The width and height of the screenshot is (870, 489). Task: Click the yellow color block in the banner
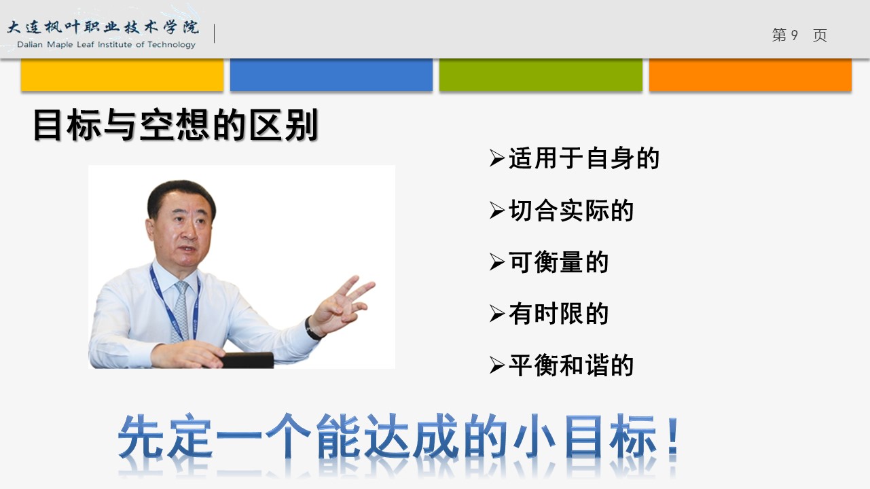[x=122, y=75]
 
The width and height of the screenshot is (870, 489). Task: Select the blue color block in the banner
[x=331, y=75]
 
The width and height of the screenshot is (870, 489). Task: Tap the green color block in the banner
[x=541, y=75]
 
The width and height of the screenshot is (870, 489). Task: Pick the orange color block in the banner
[x=750, y=75]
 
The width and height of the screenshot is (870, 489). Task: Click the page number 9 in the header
[x=794, y=35]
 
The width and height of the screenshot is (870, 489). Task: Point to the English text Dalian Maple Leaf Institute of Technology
[x=106, y=45]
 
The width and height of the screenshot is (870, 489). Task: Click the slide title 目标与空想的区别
[x=175, y=125]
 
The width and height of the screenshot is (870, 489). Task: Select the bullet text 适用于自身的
[x=584, y=158]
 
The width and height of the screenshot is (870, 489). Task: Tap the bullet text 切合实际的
[x=571, y=211]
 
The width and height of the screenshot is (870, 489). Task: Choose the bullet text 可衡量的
[x=558, y=262]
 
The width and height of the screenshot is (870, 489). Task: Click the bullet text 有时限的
[x=558, y=314]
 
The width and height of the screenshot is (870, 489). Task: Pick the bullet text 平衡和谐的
[x=571, y=365]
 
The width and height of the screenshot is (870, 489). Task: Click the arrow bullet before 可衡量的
[x=496, y=261]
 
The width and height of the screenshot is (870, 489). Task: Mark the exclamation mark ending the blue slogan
[x=673, y=436]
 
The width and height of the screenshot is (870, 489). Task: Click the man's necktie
[x=181, y=311]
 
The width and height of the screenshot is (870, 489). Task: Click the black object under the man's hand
[x=248, y=360]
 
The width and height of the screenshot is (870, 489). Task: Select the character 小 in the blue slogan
[x=534, y=436]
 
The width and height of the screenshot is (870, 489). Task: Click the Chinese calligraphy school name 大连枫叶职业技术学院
[x=103, y=27]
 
